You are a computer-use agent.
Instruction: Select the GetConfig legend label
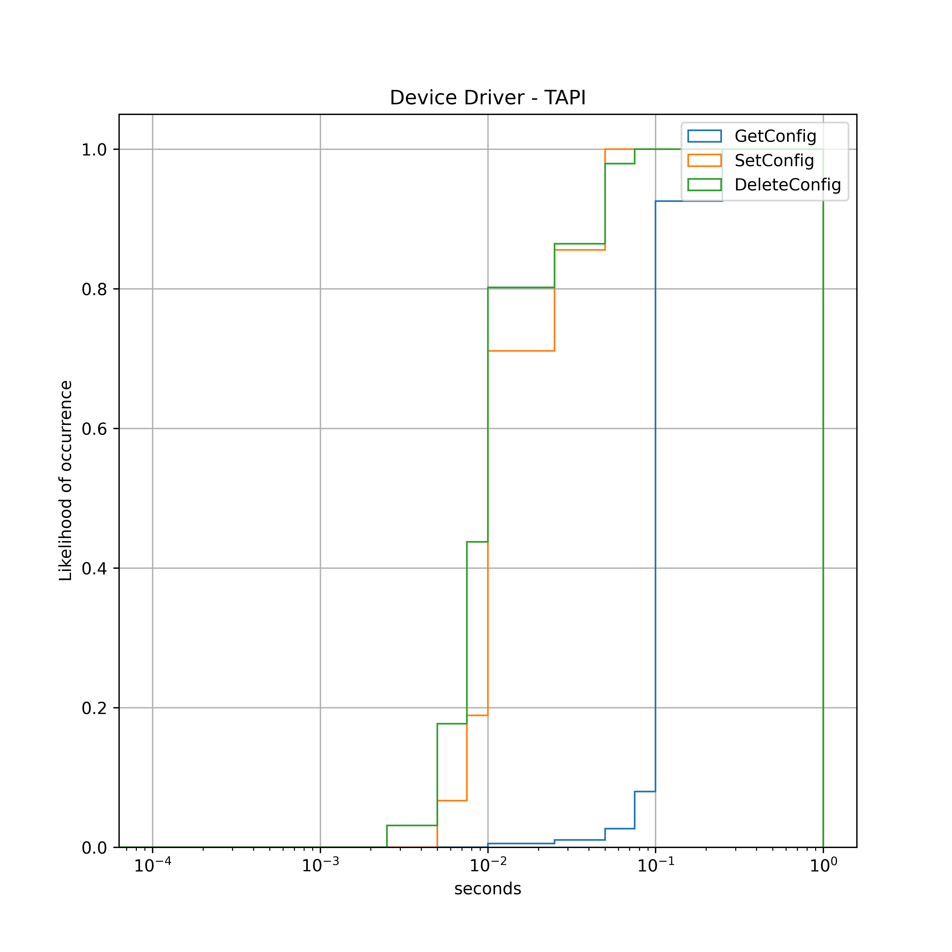tap(775, 136)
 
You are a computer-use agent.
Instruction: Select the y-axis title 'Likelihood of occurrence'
tap(65, 480)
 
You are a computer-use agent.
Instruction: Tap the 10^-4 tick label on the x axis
tap(153, 865)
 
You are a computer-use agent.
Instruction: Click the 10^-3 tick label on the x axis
tap(320, 865)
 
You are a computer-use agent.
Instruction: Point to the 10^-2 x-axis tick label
tap(488, 865)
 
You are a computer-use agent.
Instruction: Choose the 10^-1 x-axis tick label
tap(655, 865)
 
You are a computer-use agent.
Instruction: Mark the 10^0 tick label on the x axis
tap(823, 865)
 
